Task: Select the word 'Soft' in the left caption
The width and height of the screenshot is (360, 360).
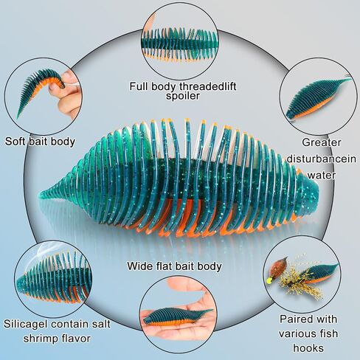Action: click(x=15, y=142)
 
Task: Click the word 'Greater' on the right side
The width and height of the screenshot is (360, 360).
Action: click(x=322, y=142)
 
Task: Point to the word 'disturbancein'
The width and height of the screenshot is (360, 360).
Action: click(x=321, y=159)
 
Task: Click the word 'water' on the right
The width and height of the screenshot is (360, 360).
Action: click(x=322, y=176)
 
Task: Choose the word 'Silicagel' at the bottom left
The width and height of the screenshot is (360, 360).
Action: click(x=26, y=324)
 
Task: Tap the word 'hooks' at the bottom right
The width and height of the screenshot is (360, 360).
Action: click(x=308, y=348)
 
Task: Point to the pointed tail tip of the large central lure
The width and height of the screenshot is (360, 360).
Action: click(x=41, y=193)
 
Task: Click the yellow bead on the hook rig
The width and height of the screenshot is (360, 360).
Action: click(x=269, y=280)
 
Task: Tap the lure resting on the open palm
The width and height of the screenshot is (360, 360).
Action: click(x=177, y=316)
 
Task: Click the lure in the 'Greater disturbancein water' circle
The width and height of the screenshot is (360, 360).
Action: click(x=317, y=98)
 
